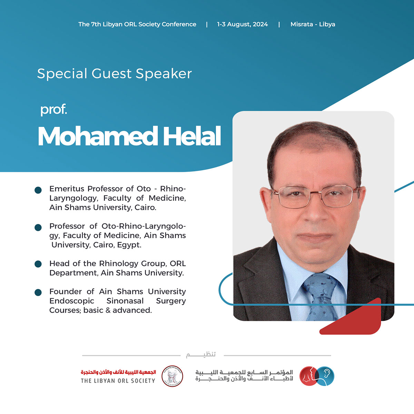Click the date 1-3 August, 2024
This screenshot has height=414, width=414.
pos(242,24)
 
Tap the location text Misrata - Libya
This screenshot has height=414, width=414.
pos(313,24)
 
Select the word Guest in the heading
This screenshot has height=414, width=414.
pos(111,73)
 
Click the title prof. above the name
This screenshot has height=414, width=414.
pos(54,110)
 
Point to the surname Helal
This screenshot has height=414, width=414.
pos(192,136)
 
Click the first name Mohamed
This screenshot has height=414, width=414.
pos(98,136)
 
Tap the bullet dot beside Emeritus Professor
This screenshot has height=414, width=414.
pos(38,190)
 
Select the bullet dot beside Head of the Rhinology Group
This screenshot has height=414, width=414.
pos(38,264)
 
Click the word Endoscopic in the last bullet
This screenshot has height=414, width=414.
pos(72,301)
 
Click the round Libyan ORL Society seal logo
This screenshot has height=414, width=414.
pos(172,376)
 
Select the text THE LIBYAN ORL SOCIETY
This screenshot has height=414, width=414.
pos(118,381)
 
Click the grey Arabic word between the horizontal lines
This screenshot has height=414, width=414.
pos(201,355)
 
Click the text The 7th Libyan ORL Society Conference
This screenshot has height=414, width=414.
pos(137,24)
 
